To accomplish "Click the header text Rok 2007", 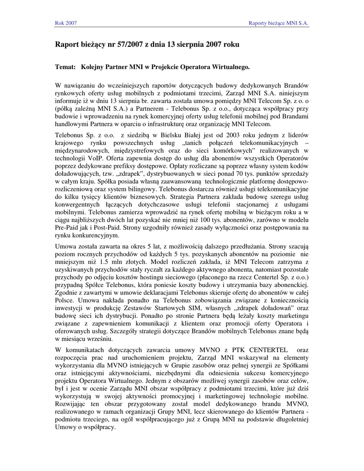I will click(x=66, y=23).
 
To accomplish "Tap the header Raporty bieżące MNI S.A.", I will click(x=278, y=23).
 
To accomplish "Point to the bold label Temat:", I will click(x=65, y=67).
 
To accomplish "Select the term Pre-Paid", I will click(x=67, y=227).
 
